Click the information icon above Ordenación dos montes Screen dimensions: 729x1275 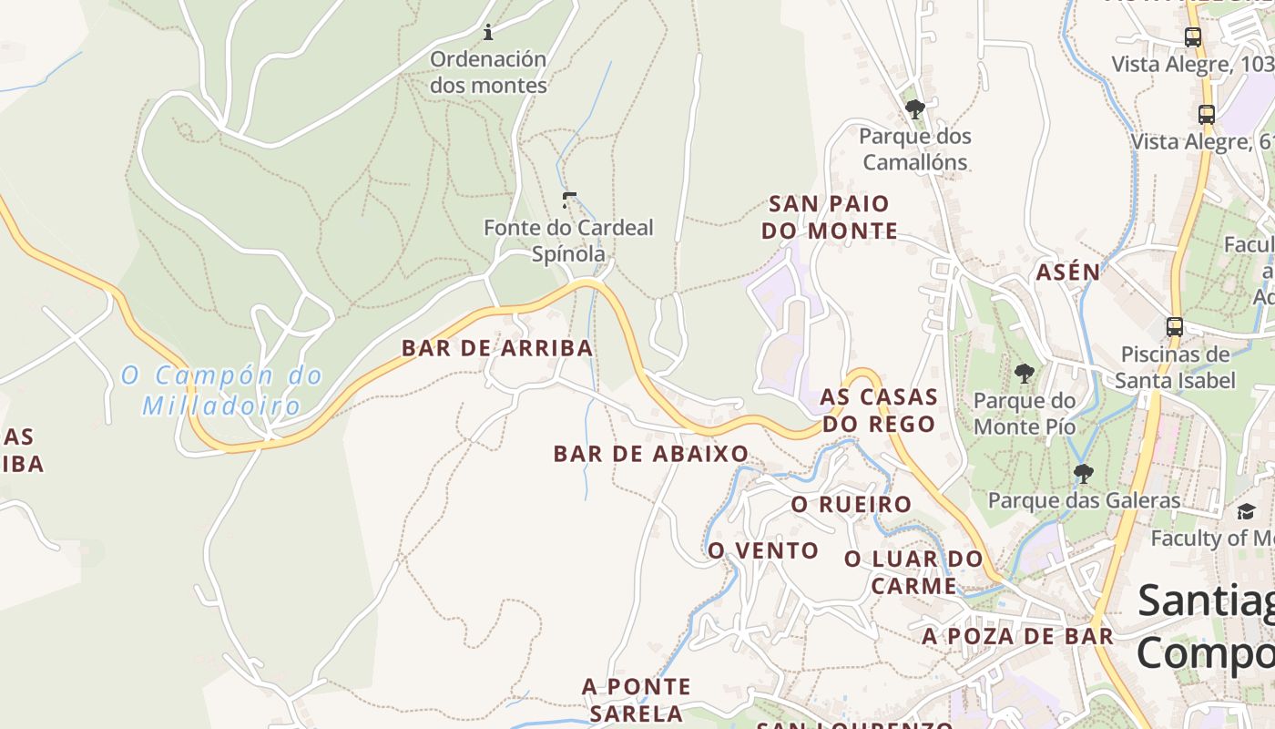[488, 33]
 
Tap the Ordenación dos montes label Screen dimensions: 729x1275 [488, 72]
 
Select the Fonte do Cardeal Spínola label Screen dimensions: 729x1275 [568, 241]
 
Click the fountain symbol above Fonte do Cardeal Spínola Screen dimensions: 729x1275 [569, 200]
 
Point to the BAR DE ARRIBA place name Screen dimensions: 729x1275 [497, 348]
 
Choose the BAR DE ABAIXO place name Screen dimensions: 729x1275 [651, 454]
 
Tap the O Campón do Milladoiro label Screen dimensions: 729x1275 [222, 390]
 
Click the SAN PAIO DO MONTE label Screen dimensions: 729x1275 [829, 217]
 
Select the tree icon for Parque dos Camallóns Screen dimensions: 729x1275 [915, 109]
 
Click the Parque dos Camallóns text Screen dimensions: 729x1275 [915, 149]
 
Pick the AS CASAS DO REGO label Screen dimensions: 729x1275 [879, 410]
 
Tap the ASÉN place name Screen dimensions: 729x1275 [1068, 272]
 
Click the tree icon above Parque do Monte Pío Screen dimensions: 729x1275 [1025, 373]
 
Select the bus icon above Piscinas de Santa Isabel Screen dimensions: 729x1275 [1175, 327]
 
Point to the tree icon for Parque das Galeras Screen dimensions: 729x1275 [1083, 473]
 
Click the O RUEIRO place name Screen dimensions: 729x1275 [851, 505]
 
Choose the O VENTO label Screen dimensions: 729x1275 [763, 550]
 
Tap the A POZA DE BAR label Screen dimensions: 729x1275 [1017, 636]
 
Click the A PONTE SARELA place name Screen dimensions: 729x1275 [637, 699]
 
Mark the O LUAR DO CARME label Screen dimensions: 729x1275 [913, 572]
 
